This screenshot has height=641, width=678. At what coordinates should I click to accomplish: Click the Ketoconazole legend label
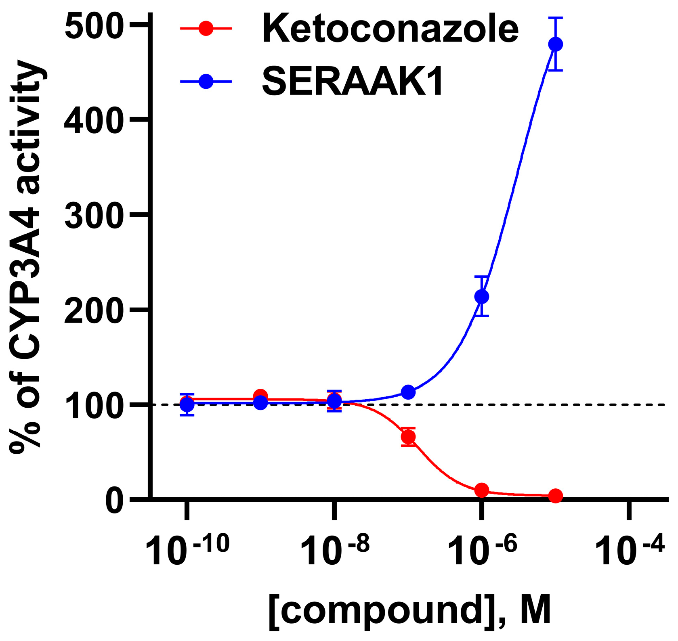pyautogui.click(x=390, y=29)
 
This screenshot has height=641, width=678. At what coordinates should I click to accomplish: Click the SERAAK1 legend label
pyautogui.click(x=353, y=82)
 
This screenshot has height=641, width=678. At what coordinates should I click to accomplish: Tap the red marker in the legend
pyautogui.click(x=206, y=29)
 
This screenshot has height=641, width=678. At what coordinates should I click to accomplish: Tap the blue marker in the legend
pyautogui.click(x=206, y=82)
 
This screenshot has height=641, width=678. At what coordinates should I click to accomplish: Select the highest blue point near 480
pyautogui.click(x=556, y=44)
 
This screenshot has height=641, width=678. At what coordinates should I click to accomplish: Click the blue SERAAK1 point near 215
pyautogui.click(x=482, y=297)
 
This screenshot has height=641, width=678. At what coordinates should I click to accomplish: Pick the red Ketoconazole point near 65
pyautogui.click(x=408, y=437)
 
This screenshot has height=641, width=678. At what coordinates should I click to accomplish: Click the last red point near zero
pyautogui.click(x=556, y=496)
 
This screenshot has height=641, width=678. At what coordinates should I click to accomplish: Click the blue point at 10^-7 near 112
pyautogui.click(x=408, y=392)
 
